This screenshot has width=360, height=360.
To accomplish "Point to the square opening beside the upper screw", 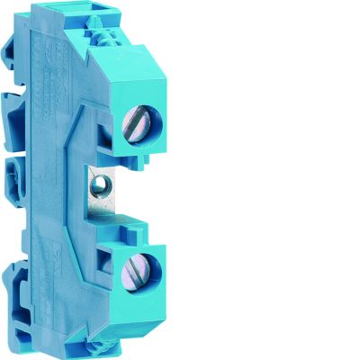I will click(109, 132).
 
